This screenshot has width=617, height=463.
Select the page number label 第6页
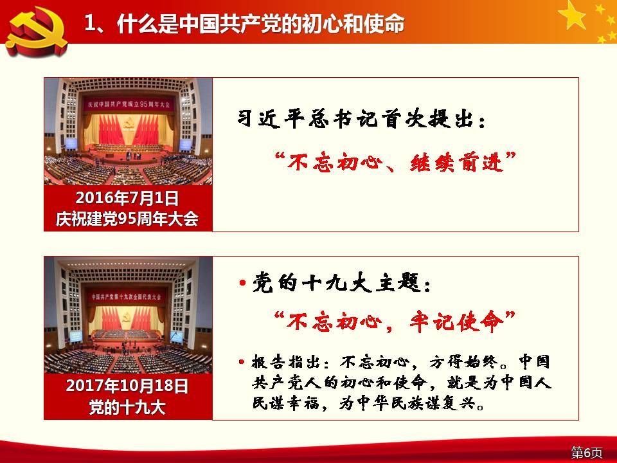[x=587, y=452]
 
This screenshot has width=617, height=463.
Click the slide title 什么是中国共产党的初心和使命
[x=260, y=24]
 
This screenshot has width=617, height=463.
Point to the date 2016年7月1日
[x=127, y=198]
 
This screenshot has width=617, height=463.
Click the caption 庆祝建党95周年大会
[x=127, y=219]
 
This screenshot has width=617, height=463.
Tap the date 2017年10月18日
[x=127, y=386]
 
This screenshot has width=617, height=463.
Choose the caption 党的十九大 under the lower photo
[x=127, y=407]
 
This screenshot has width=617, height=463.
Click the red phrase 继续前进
[x=457, y=162]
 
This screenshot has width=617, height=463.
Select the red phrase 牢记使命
[x=457, y=322]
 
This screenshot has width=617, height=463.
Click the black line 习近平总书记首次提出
[x=356, y=118]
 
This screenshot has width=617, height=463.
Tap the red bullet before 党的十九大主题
[x=242, y=283]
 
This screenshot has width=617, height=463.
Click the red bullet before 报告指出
[x=242, y=362]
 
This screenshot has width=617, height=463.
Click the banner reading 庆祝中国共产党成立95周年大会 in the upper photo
[x=129, y=104]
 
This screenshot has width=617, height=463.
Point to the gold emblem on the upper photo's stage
[x=127, y=125]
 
